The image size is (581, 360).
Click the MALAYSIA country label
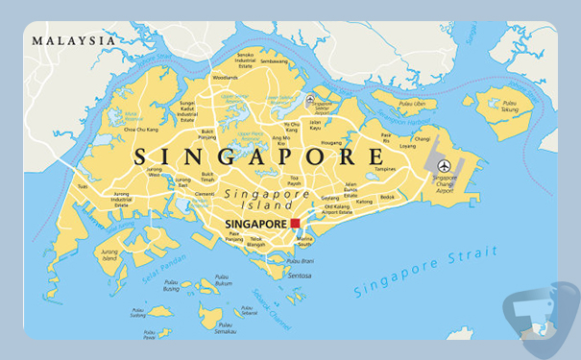pos(73,40)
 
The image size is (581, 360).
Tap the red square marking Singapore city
pos(295,223)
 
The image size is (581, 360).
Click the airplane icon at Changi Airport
pos(444,166)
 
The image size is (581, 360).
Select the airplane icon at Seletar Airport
pos(309,100)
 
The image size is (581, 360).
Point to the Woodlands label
pos(225,77)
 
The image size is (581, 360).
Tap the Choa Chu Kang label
pos(141,128)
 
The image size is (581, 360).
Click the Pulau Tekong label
pos(509,108)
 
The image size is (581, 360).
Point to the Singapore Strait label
pos(425,271)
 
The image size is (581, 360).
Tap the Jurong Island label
pos(109,256)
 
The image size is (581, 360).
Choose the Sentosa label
pos(299,275)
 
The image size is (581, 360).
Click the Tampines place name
pos(384,169)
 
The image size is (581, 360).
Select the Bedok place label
pos(387,197)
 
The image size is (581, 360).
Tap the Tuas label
pos(83,187)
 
